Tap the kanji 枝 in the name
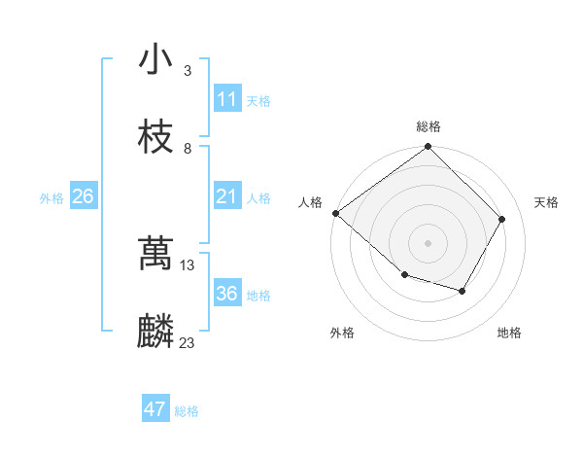pos(155,137)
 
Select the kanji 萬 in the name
pos(155,255)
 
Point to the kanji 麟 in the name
pos(155,332)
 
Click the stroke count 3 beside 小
pos(188,71)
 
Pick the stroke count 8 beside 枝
pos(188,148)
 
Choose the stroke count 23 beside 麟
pos(188,342)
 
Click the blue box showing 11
pos(227,99)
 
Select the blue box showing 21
pos(227,196)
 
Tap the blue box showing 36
pos(227,294)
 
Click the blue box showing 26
pos(83,196)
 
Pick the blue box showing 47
pos(155,409)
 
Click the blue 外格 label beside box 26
pos(51,198)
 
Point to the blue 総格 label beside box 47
pos(187,411)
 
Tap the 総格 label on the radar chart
pos(429,126)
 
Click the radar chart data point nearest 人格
pos(335,213)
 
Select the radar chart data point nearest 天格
pos(502,219)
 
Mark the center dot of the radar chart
pos(428,242)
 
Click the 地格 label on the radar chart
pos(509,333)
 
